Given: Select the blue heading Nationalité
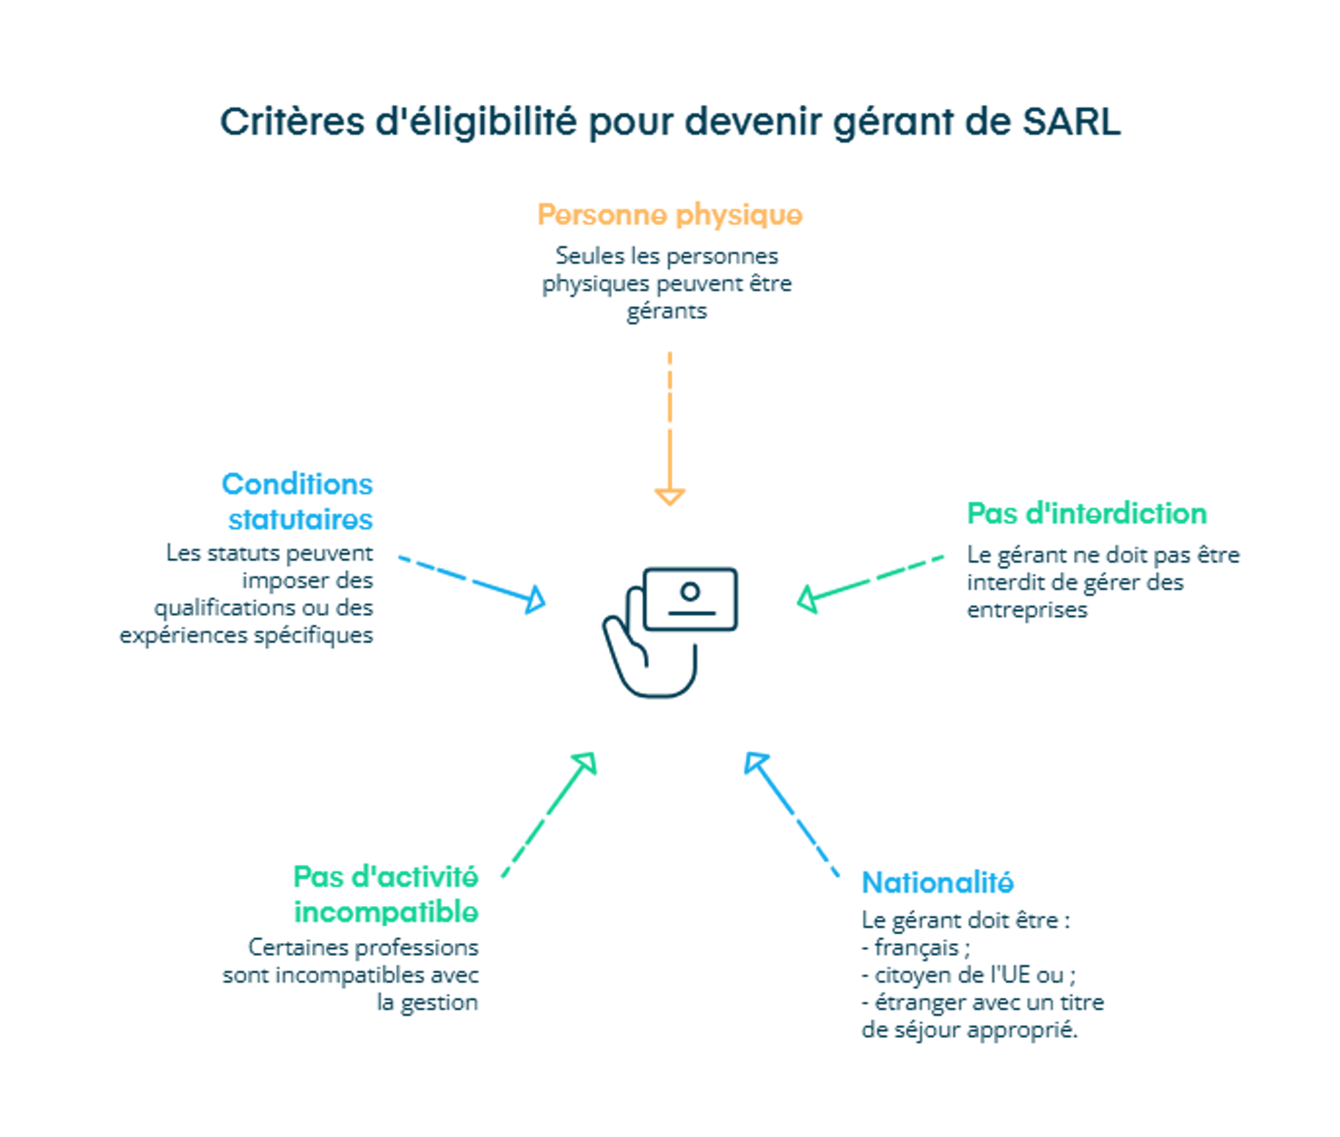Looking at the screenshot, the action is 937,882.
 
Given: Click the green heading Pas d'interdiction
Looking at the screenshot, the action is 1087,514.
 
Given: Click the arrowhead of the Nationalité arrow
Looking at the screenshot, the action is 755,763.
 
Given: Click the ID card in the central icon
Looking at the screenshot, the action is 690,599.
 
